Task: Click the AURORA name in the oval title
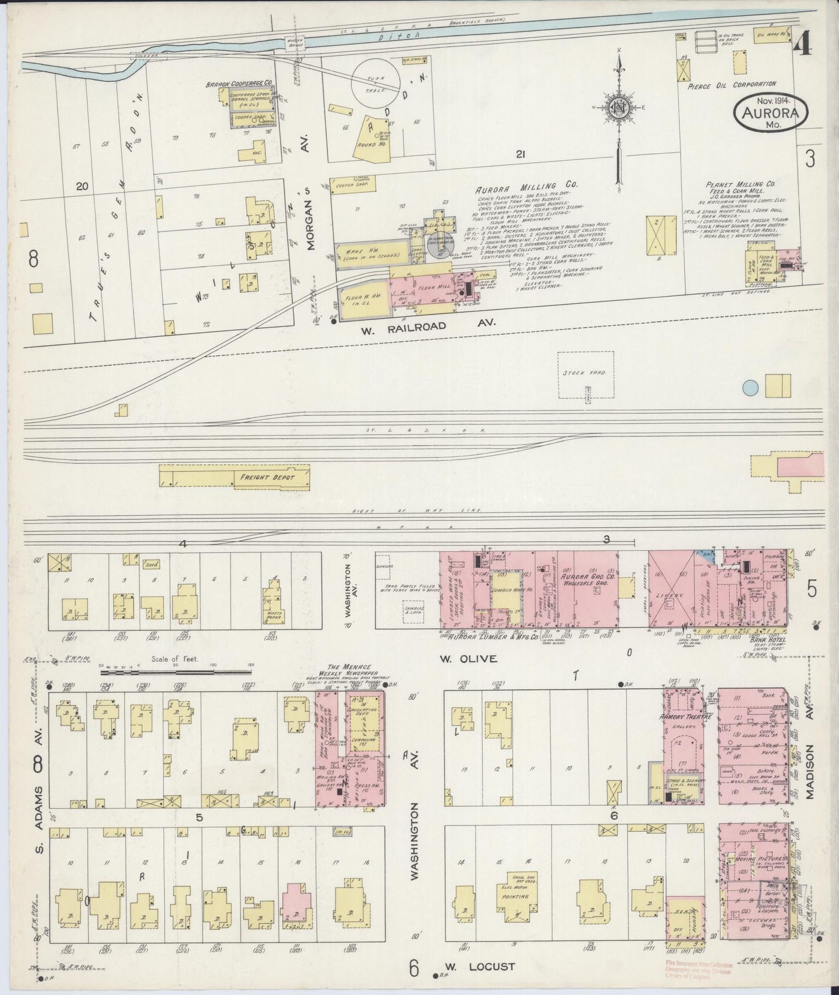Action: click(x=772, y=113)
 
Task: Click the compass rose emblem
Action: click(x=621, y=108)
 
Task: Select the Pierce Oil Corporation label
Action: click(x=732, y=84)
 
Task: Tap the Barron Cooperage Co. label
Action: click(x=235, y=85)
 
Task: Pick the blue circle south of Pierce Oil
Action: click(x=751, y=388)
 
